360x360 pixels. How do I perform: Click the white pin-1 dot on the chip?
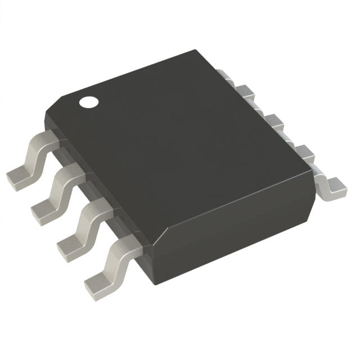(x=88, y=102)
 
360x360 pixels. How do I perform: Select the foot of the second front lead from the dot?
(x=43, y=213)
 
